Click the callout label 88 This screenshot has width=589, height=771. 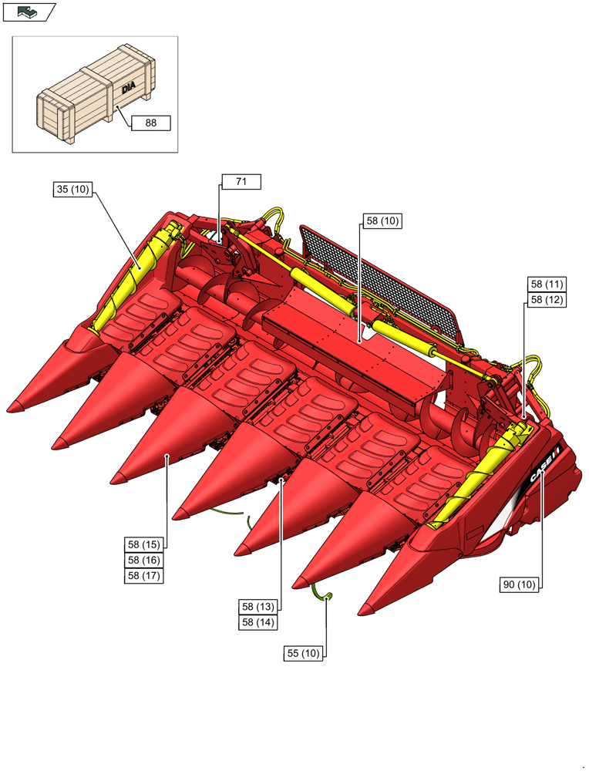[150, 123]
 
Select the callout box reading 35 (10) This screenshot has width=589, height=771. [72, 189]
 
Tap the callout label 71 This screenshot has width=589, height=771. [241, 182]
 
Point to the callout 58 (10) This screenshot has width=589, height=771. [382, 221]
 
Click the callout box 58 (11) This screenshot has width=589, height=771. [546, 284]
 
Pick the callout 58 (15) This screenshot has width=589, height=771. [144, 544]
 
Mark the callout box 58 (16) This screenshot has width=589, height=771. [144, 560]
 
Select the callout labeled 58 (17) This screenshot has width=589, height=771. [144, 575]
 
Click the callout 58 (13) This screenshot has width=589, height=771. [257, 607]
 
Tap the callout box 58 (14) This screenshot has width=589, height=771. [257, 622]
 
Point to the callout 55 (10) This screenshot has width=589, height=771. [303, 654]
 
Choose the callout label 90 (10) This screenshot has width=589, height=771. [519, 585]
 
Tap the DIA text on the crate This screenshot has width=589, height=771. [128, 90]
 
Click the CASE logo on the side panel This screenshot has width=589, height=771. [543, 467]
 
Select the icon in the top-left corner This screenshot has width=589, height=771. [29, 12]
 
